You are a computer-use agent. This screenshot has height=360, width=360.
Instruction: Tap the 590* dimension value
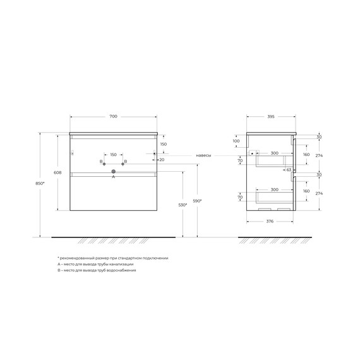(x=197, y=201)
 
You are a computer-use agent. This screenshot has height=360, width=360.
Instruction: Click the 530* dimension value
(x=183, y=206)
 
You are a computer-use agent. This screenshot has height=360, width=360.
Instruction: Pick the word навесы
(x=203, y=155)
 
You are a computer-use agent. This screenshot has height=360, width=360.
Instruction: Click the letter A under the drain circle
(x=113, y=177)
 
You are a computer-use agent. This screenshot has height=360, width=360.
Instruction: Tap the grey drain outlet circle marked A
(x=113, y=171)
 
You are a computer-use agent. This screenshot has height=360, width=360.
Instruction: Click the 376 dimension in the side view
(x=269, y=222)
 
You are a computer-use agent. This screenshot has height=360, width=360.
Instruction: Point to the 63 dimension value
(x=288, y=170)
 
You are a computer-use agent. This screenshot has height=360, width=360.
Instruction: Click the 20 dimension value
(x=162, y=160)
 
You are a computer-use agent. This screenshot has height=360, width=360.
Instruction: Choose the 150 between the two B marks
(x=113, y=155)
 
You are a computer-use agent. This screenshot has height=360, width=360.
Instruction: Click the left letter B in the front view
(x=101, y=162)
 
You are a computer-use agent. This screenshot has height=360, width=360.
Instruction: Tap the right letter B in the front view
(x=126, y=162)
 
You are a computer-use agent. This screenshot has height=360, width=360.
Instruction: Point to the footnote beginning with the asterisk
(x=112, y=258)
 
